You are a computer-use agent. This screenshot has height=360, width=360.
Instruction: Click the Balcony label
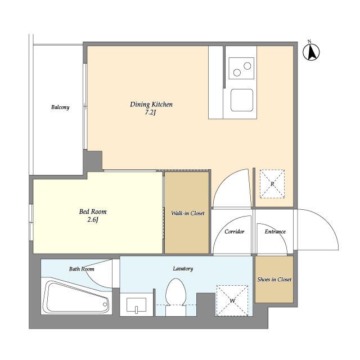click(60, 107)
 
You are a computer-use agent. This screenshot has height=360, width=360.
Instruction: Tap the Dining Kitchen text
click(151, 105)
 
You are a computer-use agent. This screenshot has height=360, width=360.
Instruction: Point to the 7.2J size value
click(151, 112)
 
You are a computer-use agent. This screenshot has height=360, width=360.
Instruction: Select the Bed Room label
click(93, 211)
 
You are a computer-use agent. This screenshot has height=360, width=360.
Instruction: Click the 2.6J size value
click(93, 220)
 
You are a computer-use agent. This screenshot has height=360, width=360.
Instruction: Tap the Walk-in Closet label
click(188, 213)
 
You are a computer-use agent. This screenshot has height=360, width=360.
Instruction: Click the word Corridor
click(235, 232)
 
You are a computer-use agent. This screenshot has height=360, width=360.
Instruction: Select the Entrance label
click(275, 232)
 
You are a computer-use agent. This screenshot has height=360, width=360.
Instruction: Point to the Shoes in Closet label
click(274, 280)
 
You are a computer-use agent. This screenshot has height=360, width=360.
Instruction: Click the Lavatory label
click(183, 269)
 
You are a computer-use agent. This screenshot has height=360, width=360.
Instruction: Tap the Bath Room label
click(82, 269)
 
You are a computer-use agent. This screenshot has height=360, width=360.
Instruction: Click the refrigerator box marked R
click(272, 184)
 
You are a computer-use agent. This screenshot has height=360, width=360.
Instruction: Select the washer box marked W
click(232, 301)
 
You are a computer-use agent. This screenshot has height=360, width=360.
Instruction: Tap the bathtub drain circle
click(105, 304)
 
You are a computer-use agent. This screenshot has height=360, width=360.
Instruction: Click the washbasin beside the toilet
click(136, 305)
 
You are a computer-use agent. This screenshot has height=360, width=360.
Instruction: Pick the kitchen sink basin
click(242, 100)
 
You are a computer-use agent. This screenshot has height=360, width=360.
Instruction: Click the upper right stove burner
click(247, 66)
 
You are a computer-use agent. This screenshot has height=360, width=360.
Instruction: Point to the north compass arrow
click(311, 52)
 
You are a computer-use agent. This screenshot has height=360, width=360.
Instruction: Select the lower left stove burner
click(237, 73)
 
